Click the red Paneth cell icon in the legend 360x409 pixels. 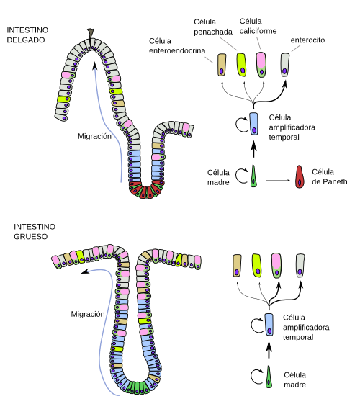pyautogui.click(x=300, y=177)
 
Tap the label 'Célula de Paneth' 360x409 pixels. pyautogui.click(x=330, y=176)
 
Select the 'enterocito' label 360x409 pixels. pyautogui.click(x=307, y=40)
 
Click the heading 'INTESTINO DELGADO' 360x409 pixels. pyautogui.click(x=27, y=35)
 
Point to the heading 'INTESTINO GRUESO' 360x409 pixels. pyautogui.click(x=35, y=232)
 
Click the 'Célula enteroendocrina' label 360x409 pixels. pyautogui.click(x=177, y=45)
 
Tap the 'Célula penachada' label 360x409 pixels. pyautogui.click(x=213, y=27)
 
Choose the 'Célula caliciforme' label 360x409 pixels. pyautogui.click(x=258, y=26)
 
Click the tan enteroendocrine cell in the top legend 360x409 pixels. pyautogui.click(x=222, y=65)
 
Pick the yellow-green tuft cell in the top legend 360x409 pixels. pyautogui.click(x=241, y=65)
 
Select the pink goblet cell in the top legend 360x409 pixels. pyautogui.click(x=261, y=65)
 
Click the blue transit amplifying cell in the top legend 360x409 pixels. pyautogui.click(x=254, y=124)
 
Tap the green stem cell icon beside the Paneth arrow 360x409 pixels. pyautogui.click(x=253, y=176)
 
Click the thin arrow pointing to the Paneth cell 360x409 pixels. pyautogui.click(x=278, y=180)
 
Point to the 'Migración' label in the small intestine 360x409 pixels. pyautogui.click(x=94, y=136)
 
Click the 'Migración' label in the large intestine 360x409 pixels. pyautogui.click(x=88, y=315)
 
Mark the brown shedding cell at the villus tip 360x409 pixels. pyautogui.click(x=90, y=36)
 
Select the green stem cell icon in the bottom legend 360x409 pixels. pyautogui.click(x=269, y=377)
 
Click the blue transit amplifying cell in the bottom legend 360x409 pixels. pyautogui.click(x=269, y=325)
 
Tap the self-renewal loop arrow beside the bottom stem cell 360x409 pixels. pyautogui.click(x=257, y=377)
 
